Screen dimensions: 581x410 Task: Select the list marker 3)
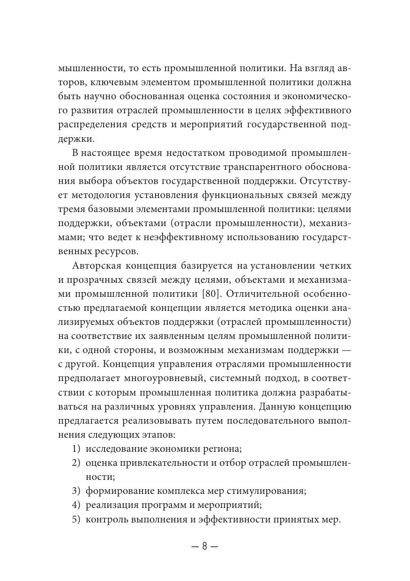coord(76,492)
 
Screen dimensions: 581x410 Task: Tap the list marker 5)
coord(76,520)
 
